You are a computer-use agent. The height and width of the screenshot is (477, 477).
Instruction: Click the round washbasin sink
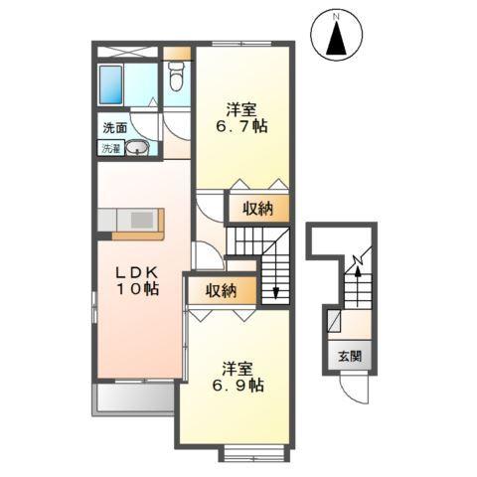(140, 149)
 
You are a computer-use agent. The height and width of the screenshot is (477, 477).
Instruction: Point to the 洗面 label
(114, 127)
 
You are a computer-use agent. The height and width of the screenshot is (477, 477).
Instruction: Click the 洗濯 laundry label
(109, 148)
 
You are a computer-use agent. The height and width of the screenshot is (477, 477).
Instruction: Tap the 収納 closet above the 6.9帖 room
(222, 290)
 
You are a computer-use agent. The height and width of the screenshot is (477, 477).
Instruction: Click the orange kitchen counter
(133, 223)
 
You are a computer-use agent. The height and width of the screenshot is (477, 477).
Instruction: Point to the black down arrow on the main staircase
(275, 290)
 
